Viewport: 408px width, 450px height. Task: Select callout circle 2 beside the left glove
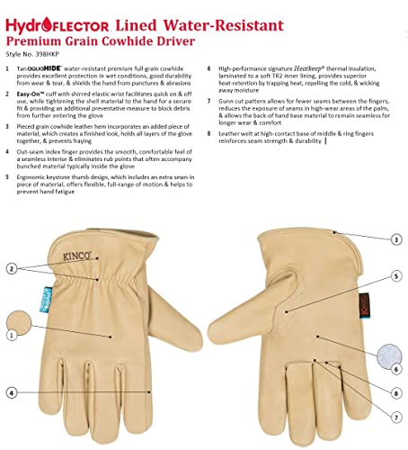click(12, 268)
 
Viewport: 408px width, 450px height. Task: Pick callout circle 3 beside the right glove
click(396, 239)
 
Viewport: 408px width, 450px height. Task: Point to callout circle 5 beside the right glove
click(396, 275)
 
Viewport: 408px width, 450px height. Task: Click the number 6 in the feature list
click(208, 67)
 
